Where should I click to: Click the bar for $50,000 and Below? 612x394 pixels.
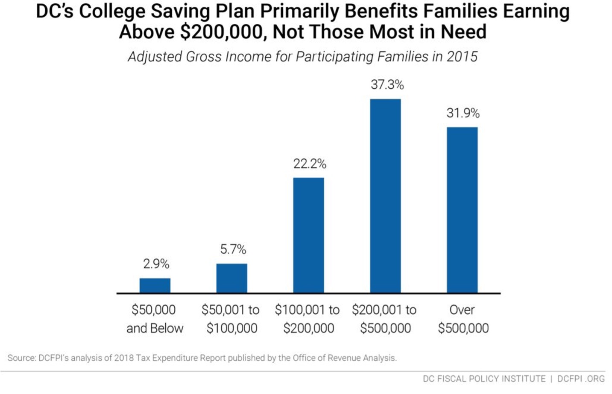pyautogui.click(x=155, y=285)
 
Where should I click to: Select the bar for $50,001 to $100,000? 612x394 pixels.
pyautogui.click(x=231, y=278)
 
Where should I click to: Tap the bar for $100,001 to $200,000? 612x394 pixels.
pyautogui.click(x=308, y=235)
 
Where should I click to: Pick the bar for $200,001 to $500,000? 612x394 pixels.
pyautogui.click(x=385, y=196)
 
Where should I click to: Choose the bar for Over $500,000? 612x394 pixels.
pyautogui.click(x=462, y=210)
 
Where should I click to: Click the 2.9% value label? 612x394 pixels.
pyautogui.click(x=156, y=264)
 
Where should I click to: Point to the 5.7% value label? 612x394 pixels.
pyautogui.click(x=233, y=249)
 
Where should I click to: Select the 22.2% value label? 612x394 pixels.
pyautogui.click(x=310, y=164)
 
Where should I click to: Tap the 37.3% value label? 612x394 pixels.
pyautogui.click(x=387, y=85)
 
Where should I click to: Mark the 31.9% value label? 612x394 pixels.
pyautogui.click(x=463, y=113)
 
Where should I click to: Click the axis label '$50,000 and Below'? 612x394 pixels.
pyautogui.click(x=154, y=319)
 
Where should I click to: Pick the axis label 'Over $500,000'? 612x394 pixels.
pyautogui.click(x=463, y=319)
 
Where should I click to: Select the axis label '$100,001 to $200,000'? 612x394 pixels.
pyautogui.click(x=307, y=319)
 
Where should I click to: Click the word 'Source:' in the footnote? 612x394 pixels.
pyautogui.click(x=21, y=358)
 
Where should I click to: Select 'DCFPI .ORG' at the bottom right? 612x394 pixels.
pyautogui.click(x=581, y=379)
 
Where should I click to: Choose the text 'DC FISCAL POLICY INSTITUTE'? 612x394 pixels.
pyautogui.click(x=484, y=379)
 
